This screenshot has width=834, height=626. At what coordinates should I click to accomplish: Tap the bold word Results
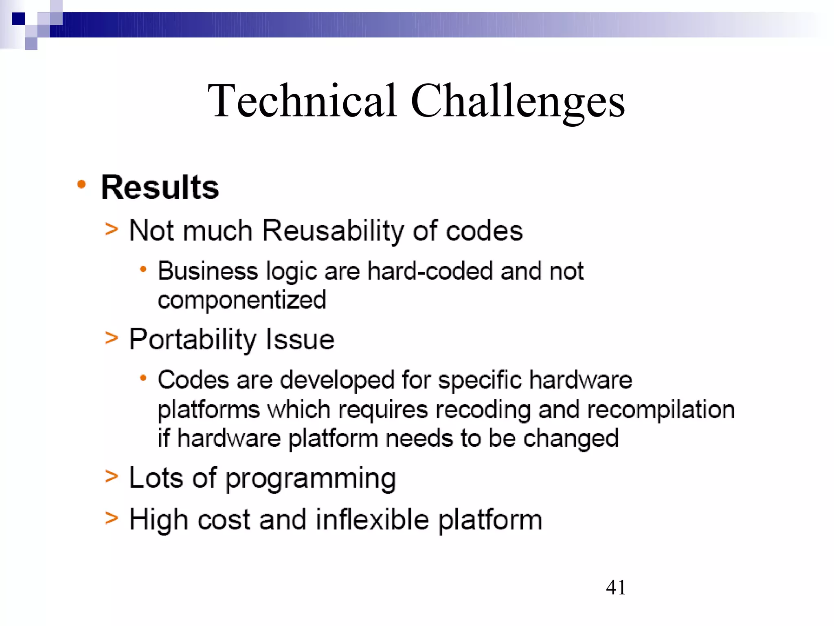[160, 187]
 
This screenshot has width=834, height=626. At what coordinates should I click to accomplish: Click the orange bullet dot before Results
[81, 185]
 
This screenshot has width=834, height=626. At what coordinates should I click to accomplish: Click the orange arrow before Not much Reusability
[111, 229]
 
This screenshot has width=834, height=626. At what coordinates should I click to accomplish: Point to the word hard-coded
[430, 271]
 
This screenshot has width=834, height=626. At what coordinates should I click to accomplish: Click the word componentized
[242, 301]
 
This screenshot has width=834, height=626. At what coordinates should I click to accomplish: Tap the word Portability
[193, 340]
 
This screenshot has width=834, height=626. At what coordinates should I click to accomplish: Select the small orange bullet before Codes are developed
[143, 378]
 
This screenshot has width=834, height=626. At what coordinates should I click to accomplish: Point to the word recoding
[483, 410]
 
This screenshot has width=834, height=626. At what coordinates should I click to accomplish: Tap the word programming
[310, 478]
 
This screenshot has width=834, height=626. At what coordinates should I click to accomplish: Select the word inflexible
[372, 520]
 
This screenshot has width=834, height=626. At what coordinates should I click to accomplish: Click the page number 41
[615, 588]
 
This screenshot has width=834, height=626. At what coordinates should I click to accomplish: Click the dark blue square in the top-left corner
[19, 19]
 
